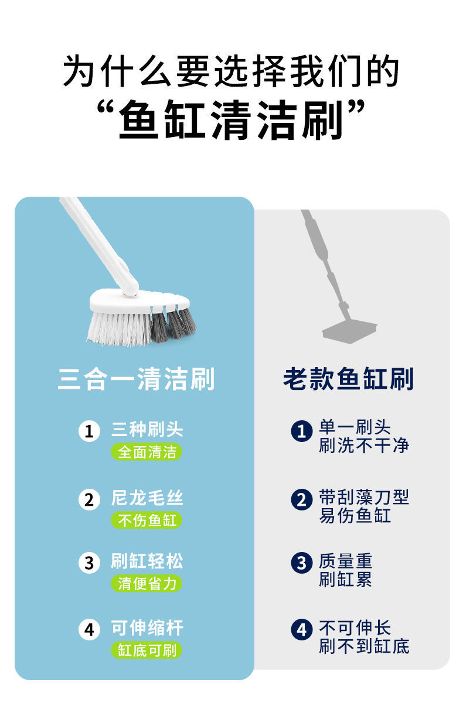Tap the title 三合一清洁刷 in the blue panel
[136, 379]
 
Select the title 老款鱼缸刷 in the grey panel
[349, 379]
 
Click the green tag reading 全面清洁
[147, 452]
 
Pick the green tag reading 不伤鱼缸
[147, 520]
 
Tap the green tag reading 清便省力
[147, 584]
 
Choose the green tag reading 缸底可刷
[147, 650]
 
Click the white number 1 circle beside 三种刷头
[89, 432]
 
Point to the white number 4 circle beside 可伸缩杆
[89, 630]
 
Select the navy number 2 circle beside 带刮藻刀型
[302, 499]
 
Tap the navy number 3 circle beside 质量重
[302, 563]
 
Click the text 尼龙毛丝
[147, 498]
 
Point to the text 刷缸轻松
[147, 562]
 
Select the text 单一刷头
[355, 427]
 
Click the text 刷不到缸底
[364, 646]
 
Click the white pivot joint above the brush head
[130, 287]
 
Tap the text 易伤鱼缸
[355, 516]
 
